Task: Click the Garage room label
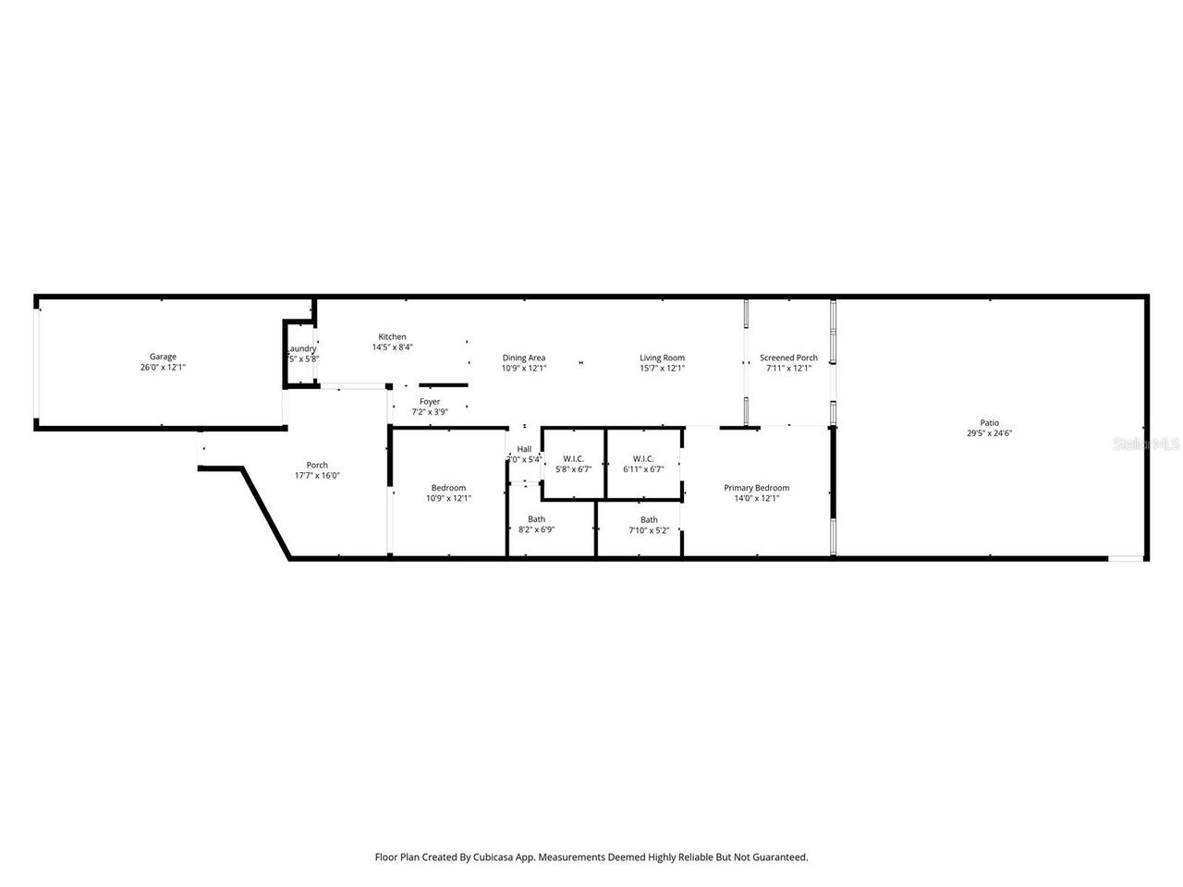(163, 357)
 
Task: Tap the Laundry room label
(301, 348)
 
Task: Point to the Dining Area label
(524, 358)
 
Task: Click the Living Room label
(662, 358)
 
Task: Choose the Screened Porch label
(788, 358)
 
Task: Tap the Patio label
(989, 422)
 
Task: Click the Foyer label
(430, 402)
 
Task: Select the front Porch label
(317, 466)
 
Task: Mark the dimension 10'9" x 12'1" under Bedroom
(448, 498)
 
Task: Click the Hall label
(524, 449)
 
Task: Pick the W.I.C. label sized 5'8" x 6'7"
(573, 458)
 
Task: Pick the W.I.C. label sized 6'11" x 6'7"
(643, 458)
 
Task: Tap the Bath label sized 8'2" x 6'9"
(536, 519)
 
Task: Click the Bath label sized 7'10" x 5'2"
(649, 519)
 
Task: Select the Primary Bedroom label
(756, 488)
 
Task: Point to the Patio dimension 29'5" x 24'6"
(989, 432)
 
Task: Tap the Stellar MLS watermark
(1146, 444)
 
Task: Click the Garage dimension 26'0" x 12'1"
(163, 367)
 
